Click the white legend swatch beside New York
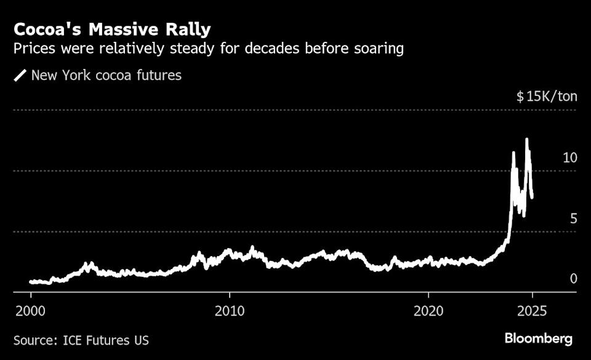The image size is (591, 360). (x=21, y=76)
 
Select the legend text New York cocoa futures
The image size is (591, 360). (x=106, y=76)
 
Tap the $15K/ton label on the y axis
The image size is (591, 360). (x=546, y=97)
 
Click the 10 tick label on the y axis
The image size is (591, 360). (x=569, y=158)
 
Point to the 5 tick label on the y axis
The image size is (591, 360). (x=573, y=218)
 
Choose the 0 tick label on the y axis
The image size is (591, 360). (x=573, y=279)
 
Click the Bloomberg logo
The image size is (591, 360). (x=539, y=338)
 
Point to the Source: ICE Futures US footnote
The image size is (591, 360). (x=81, y=340)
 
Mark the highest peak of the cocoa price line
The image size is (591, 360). (x=526, y=140)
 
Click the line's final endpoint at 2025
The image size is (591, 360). (x=532, y=196)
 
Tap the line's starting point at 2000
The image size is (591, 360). (x=31, y=282)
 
